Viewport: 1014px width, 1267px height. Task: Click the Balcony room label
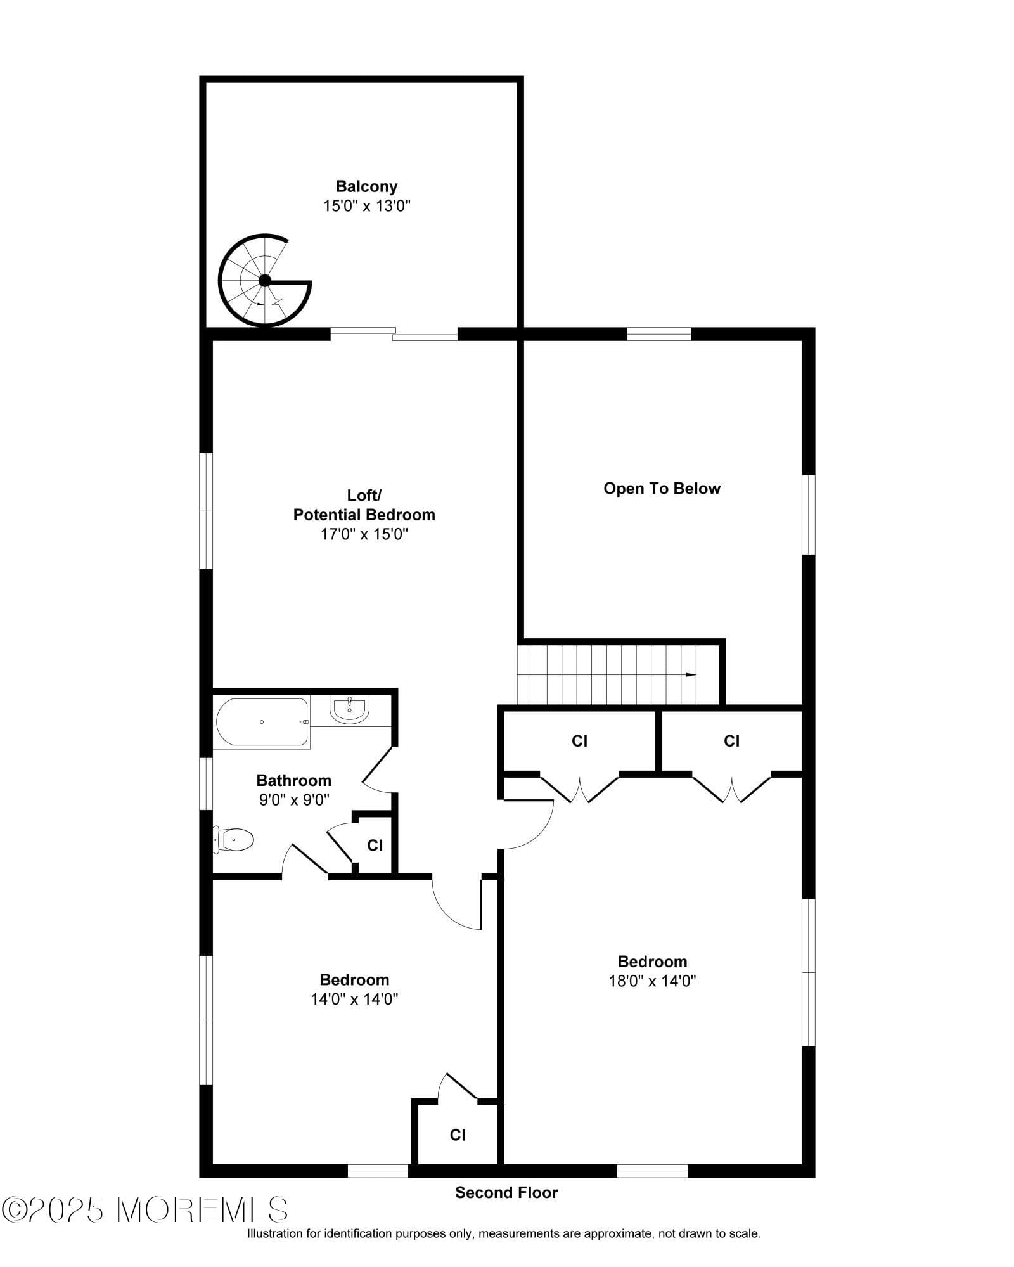click(x=366, y=186)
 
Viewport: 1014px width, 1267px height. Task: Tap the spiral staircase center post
click(x=265, y=281)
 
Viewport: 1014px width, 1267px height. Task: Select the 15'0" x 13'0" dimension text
click(x=367, y=206)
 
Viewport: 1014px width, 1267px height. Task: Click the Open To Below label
click(x=662, y=489)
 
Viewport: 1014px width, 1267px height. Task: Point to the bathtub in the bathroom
click(x=262, y=722)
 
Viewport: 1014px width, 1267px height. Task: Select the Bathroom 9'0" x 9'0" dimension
click(x=294, y=800)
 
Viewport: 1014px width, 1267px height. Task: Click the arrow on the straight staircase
click(x=690, y=674)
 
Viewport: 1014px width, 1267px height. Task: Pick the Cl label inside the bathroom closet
click(x=375, y=846)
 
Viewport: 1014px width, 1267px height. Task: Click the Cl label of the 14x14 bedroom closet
click(x=458, y=1135)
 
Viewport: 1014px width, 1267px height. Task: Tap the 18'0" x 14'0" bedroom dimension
click(x=652, y=981)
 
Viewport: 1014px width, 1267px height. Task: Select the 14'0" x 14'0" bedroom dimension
click(x=354, y=1000)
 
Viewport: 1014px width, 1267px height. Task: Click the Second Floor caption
click(x=506, y=1193)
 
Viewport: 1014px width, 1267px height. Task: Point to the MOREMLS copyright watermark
click(x=146, y=1210)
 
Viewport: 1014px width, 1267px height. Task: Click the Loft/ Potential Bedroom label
click(x=364, y=505)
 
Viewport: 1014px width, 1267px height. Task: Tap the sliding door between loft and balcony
click(x=394, y=334)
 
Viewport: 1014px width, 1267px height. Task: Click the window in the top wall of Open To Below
click(x=658, y=333)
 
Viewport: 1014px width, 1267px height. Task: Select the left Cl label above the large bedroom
click(x=579, y=741)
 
